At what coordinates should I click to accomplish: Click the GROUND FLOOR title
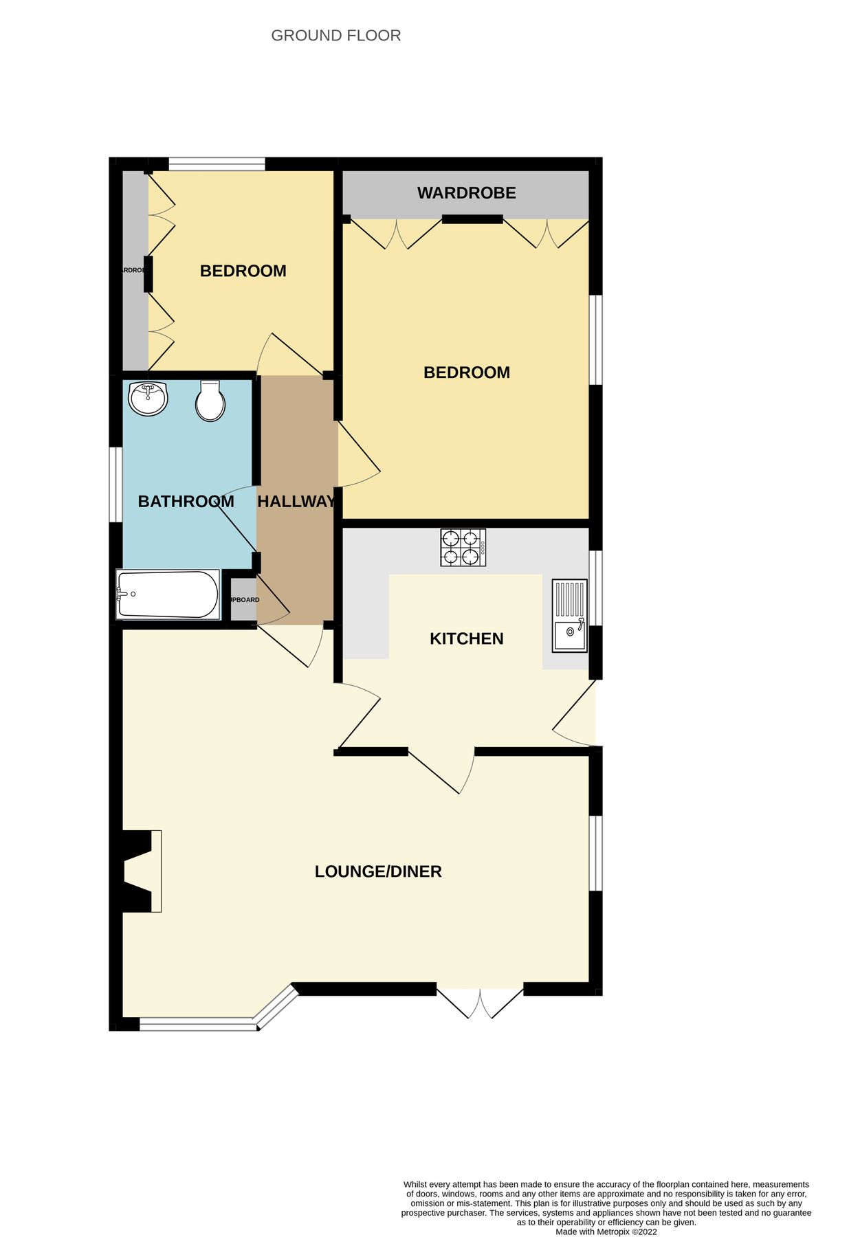coord(335,36)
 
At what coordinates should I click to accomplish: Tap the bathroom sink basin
coord(148,399)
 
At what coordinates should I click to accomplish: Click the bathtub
coord(167,594)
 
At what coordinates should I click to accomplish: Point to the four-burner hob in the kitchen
coord(463,548)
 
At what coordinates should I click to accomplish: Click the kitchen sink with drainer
coord(570,616)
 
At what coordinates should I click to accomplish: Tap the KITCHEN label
coord(466,638)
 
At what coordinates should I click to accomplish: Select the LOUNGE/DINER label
coord(378,871)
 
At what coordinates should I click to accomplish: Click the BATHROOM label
coord(186,502)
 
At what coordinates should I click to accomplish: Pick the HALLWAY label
coord(296,502)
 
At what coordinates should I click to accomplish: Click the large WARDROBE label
coord(466,193)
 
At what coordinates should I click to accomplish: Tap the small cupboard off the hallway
coord(243,600)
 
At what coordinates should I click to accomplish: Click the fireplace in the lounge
coord(141,871)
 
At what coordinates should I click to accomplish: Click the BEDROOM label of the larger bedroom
coord(466,372)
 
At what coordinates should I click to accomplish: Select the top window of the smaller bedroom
coord(217,164)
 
